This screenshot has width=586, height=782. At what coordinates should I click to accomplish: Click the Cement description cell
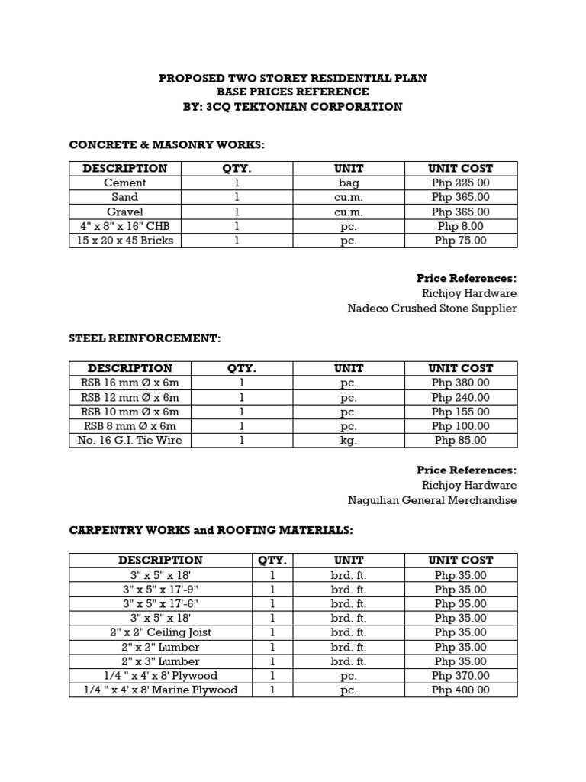(x=125, y=183)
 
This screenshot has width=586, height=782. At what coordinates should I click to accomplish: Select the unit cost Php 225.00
(x=461, y=183)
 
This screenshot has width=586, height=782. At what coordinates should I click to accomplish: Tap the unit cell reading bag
(x=349, y=183)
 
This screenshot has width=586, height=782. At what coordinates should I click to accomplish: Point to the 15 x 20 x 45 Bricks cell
(x=125, y=241)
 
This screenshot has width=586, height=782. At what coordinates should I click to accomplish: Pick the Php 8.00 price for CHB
(x=461, y=226)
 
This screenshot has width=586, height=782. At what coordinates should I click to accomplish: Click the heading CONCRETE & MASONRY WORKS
(x=166, y=144)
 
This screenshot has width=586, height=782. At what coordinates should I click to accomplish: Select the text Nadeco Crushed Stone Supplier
(x=432, y=309)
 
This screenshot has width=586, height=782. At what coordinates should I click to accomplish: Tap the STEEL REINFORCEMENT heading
(x=144, y=338)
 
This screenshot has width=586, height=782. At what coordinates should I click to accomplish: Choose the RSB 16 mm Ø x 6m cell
(x=130, y=383)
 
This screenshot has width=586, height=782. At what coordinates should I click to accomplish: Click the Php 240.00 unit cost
(x=461, y=397)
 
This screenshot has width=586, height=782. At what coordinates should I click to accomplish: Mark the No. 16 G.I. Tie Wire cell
(x=130, y=440)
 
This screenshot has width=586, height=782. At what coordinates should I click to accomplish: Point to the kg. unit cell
(x=349, y=440)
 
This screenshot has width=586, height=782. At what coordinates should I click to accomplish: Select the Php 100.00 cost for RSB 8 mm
(x=461, y=426)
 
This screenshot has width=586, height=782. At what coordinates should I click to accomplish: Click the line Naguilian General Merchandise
(x=432, y=500)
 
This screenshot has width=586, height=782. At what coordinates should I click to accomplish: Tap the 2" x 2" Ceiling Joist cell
(x=160, y=632)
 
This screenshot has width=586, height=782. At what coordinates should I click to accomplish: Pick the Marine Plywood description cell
(x=160, y=690)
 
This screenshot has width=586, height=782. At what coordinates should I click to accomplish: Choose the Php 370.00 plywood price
(x=461, y=676)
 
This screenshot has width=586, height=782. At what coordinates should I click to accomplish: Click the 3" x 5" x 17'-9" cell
(x=160, y=590)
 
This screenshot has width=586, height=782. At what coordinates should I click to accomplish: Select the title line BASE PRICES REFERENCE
(x=292, y=92)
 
